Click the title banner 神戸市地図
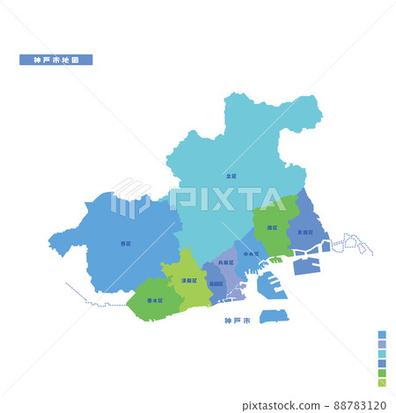click(55, 60)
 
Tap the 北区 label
click(231, 175)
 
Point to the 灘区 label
click(272, 227)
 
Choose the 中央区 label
click(251, 254)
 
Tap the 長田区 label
click(216, 284)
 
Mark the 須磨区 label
click(188, 280)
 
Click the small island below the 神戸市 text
click(273, 315)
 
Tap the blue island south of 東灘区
click(307, 265)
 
